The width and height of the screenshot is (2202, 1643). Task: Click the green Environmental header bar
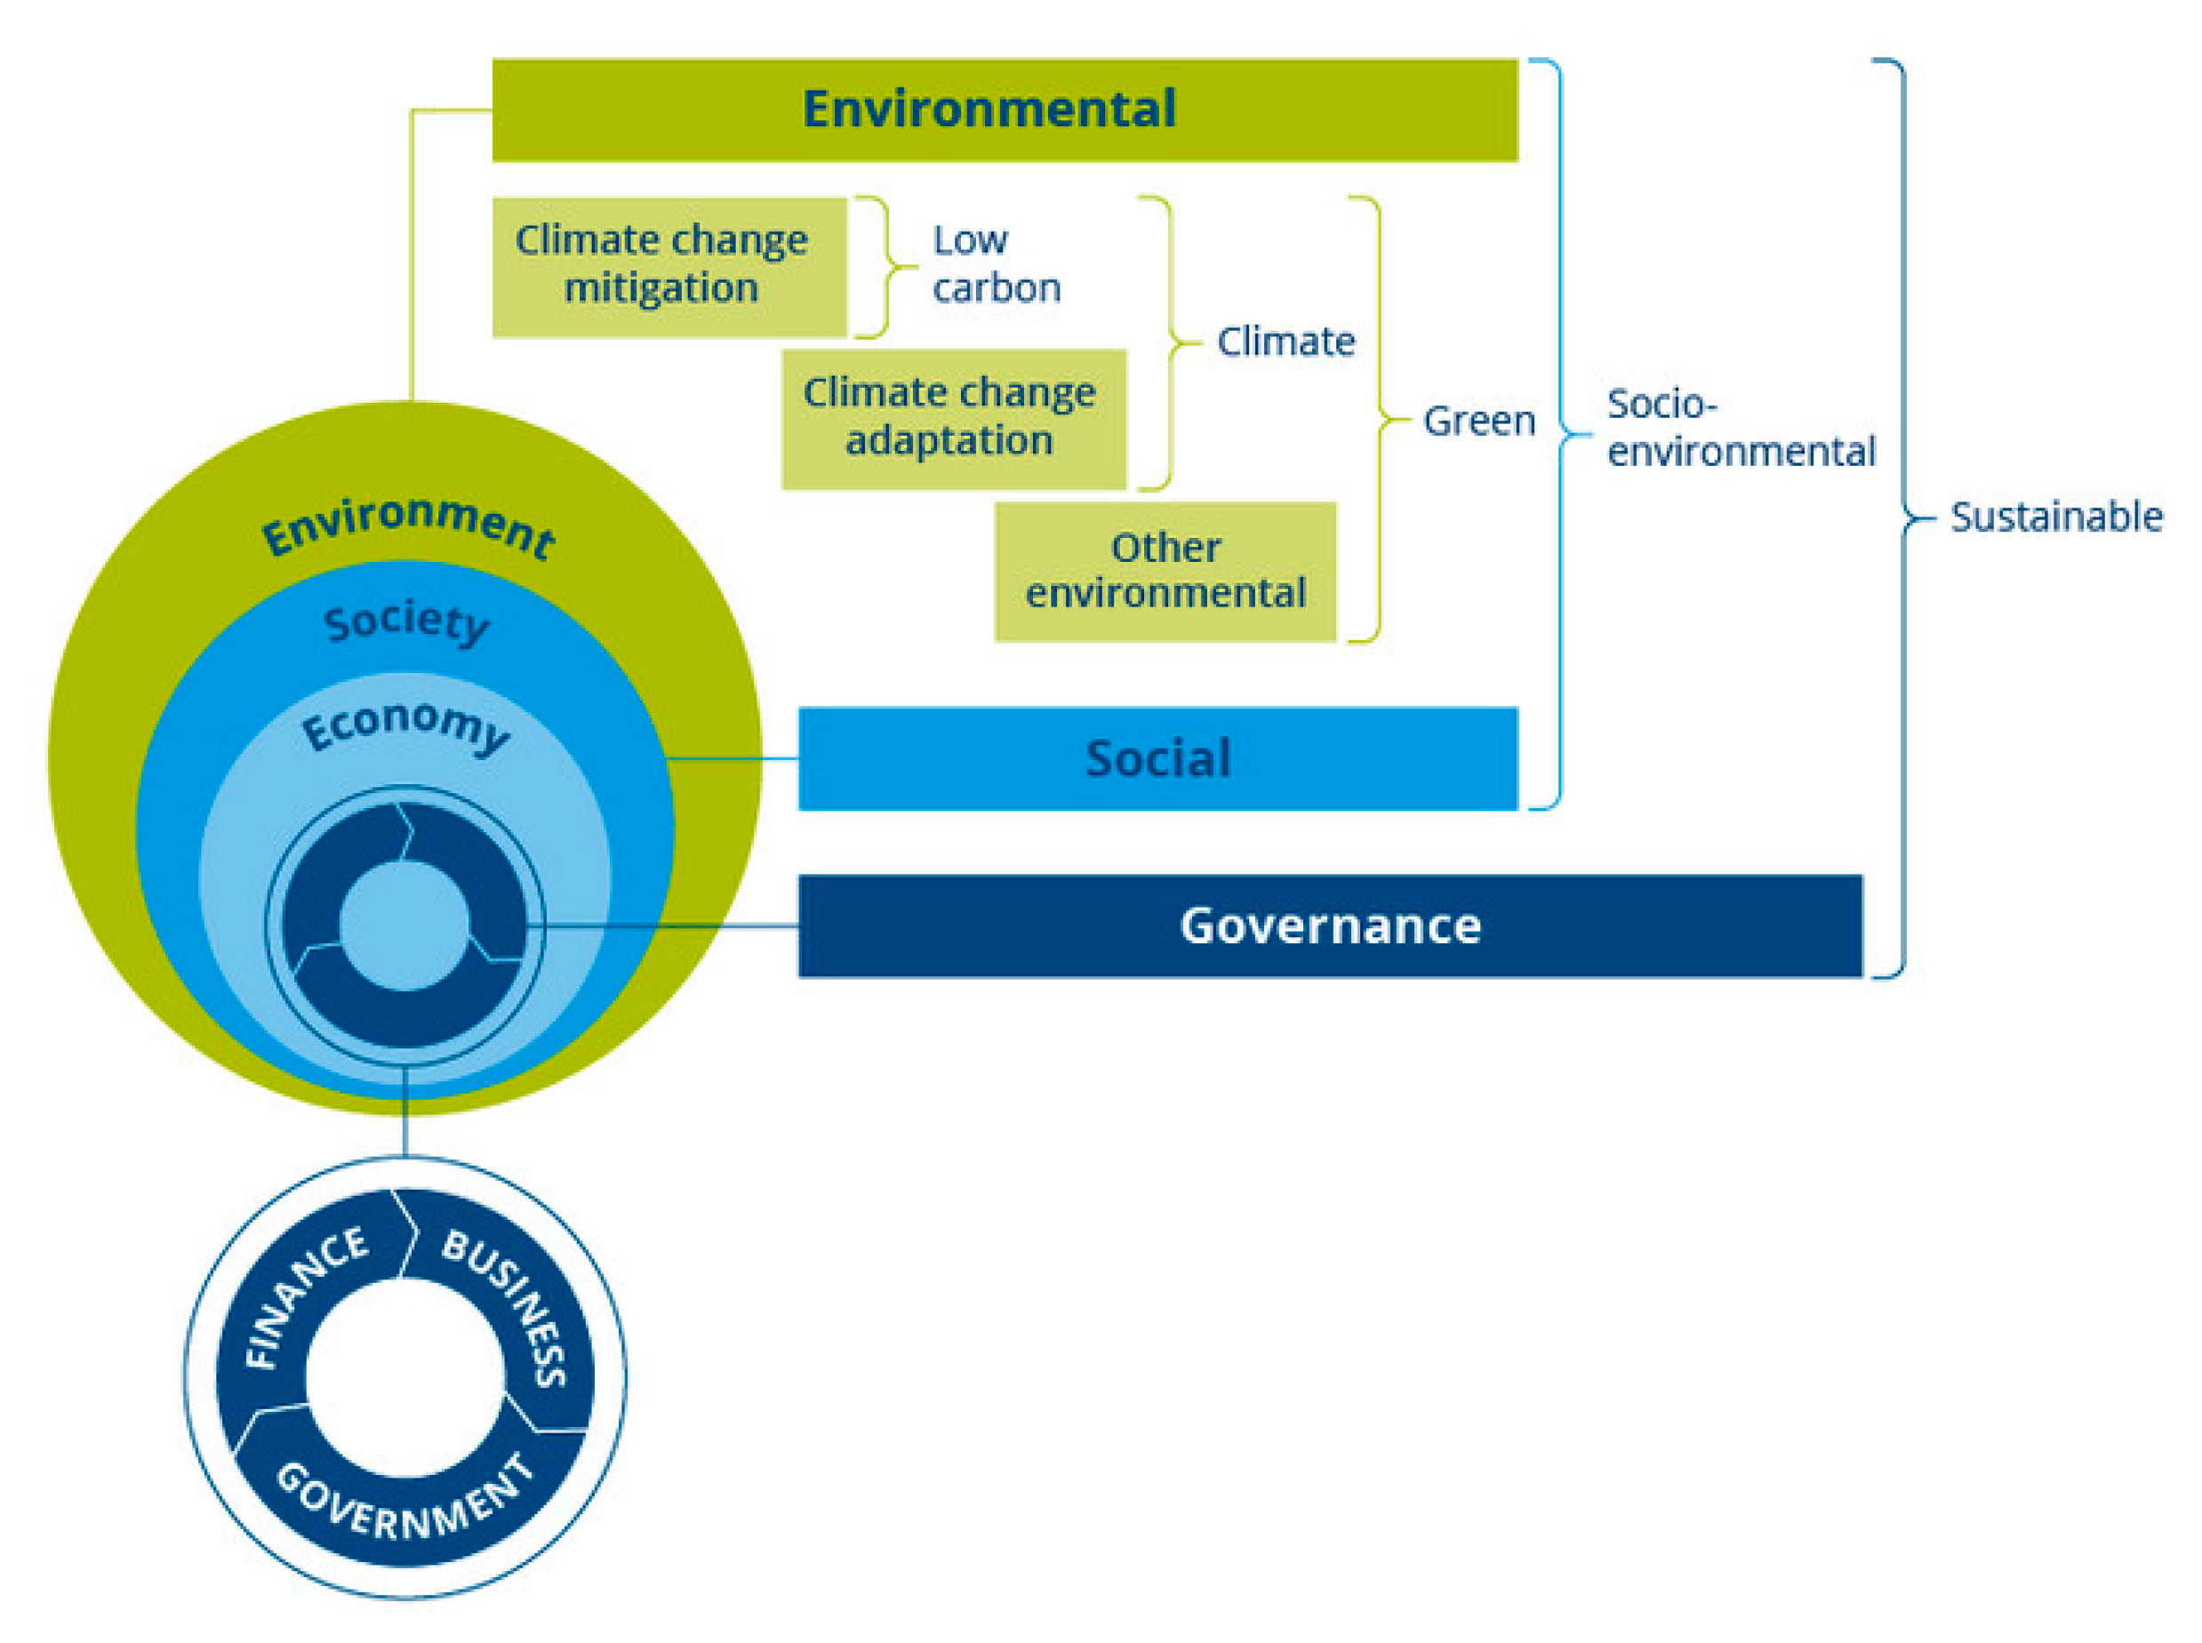(1005, 109)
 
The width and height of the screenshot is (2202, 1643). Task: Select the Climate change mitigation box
(669, 267)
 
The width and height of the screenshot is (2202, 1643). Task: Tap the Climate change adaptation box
(953, 419)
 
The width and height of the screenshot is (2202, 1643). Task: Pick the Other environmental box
(1165, 571)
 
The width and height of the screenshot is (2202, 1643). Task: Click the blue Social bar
(1157, 757)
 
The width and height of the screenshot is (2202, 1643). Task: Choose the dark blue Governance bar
(1329, 925)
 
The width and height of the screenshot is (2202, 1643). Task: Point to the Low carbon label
(996, 263)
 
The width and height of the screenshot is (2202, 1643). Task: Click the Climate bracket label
(1285, 341)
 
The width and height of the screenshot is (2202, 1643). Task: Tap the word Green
(1479, 421)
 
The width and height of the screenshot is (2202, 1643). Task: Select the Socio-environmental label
(1741, 428)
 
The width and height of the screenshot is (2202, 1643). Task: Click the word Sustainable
(2054, 517)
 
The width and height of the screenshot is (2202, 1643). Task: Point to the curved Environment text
(408, 525)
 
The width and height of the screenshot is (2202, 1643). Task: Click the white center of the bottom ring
(404, 1378)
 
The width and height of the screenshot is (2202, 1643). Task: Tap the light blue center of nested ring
(404, 925)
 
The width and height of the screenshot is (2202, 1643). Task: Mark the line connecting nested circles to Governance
(667, 926)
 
